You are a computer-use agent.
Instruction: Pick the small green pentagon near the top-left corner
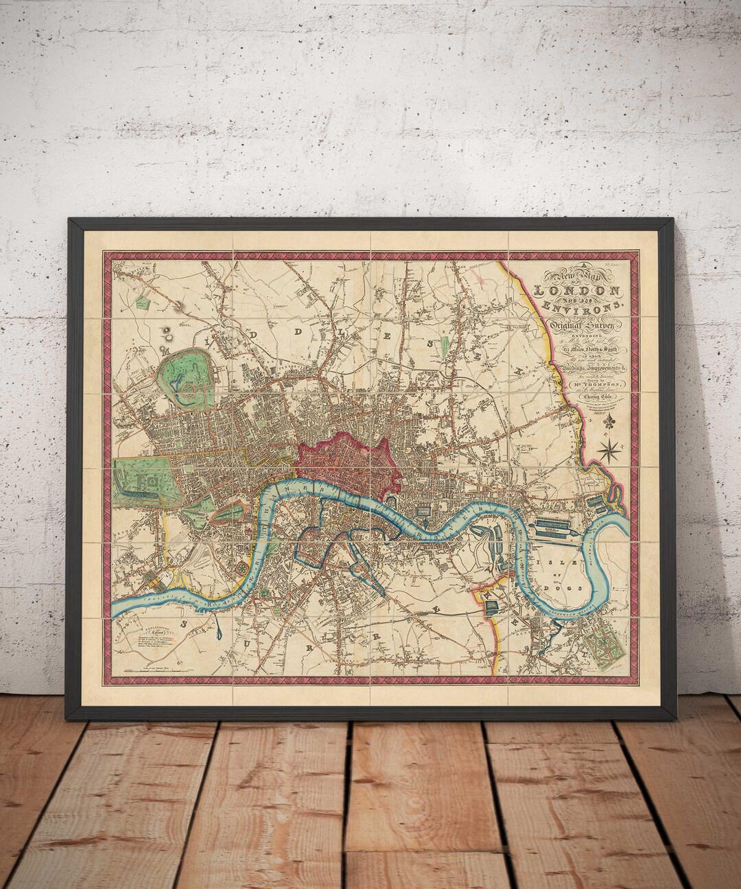[143, 300]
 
